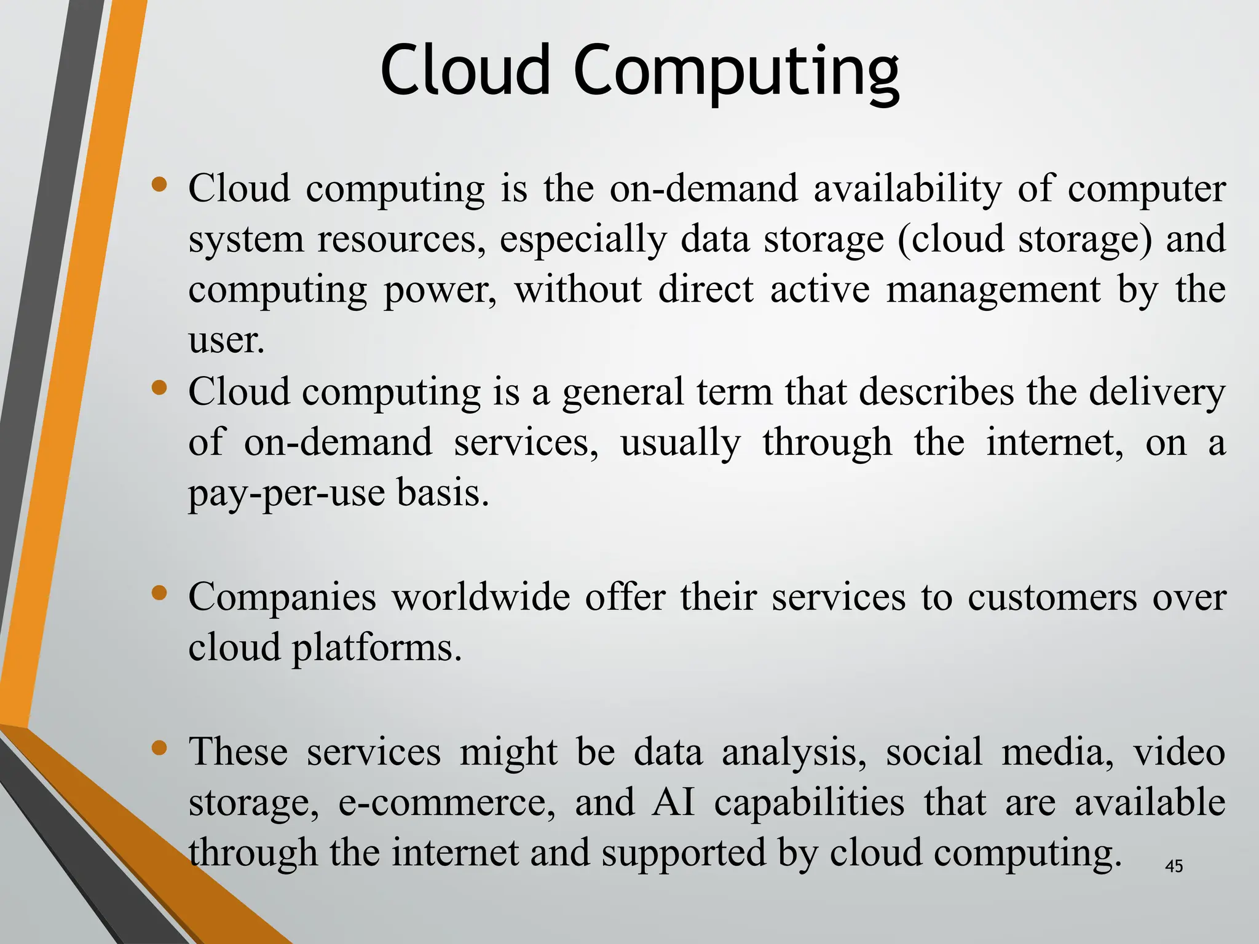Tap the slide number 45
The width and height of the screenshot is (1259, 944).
point(1174,866)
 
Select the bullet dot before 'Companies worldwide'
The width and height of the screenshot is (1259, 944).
point(159,593)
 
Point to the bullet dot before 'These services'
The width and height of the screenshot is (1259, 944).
point(159,748)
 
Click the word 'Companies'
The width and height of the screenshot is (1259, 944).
point(282,597)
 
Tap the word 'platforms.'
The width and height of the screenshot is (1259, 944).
point(376,648)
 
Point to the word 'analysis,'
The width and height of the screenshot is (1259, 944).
point(794,752)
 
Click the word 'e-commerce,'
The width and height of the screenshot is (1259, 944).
point(447,803)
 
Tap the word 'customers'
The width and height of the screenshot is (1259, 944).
point(1052,597)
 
